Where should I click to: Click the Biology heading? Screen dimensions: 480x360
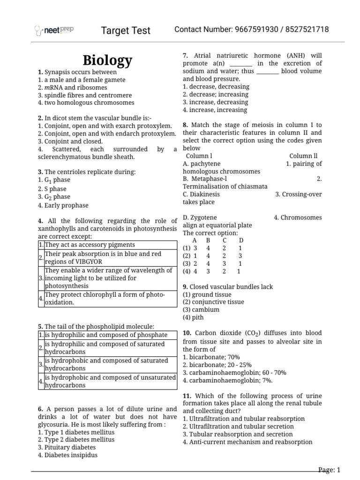click(107, 60)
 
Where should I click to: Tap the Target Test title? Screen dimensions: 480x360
click(126, 30)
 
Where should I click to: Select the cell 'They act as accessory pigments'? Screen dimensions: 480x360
click(90, 245)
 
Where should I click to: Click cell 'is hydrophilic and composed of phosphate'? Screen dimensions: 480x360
click(106, 335)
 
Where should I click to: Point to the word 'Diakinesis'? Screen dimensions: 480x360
click(201, 194)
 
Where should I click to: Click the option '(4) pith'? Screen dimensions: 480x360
click(194, 317)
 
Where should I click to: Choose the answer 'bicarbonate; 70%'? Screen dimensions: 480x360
click(211, 357)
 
